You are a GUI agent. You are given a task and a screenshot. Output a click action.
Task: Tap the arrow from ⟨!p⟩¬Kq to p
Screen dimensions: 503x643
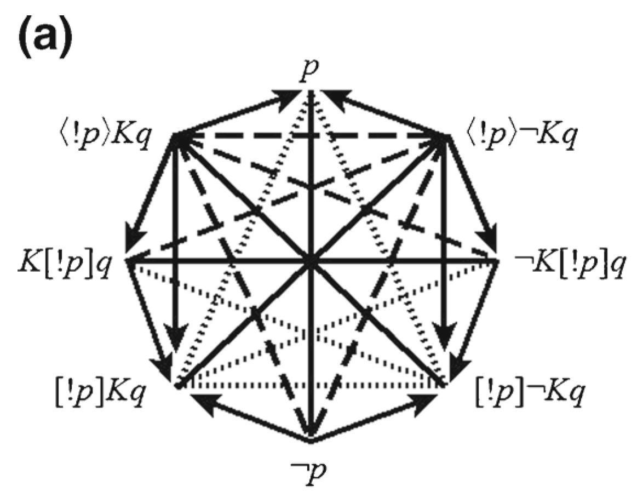tap(383, 115)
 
